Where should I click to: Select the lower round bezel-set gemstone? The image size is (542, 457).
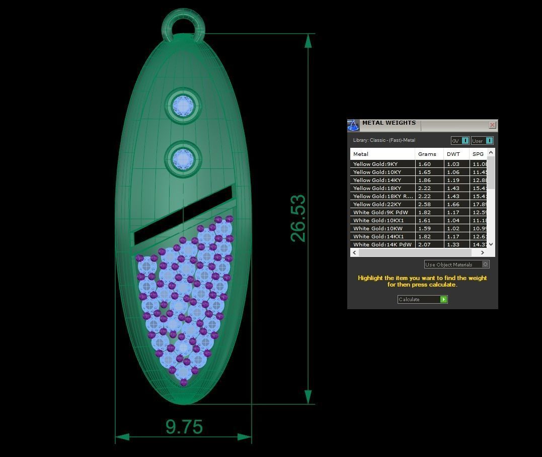coord(183,159)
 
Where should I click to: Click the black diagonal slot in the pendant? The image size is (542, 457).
coord(182,215)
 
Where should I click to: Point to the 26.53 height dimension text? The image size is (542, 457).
coord(298,218)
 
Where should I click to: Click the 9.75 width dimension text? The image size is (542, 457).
coord(184,427)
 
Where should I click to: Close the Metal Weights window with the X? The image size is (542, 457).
coord(492,125)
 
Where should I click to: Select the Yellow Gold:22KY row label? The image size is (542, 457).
coord(377,204)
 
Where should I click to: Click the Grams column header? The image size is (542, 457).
coord(427,154)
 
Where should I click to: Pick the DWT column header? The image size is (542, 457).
coord(453,154)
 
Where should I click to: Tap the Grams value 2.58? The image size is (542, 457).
coord(425,204)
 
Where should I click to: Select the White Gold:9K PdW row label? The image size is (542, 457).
coord(380,212)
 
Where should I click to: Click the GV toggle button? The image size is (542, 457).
coord(460,141)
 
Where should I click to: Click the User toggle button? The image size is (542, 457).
coord(482,141)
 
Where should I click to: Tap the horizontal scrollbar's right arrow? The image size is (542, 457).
coord(482,252)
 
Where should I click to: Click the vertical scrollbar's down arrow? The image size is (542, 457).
coord(491,244)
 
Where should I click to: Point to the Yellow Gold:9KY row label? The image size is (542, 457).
coord(375,164)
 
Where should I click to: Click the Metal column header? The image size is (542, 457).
coord(361,154)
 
